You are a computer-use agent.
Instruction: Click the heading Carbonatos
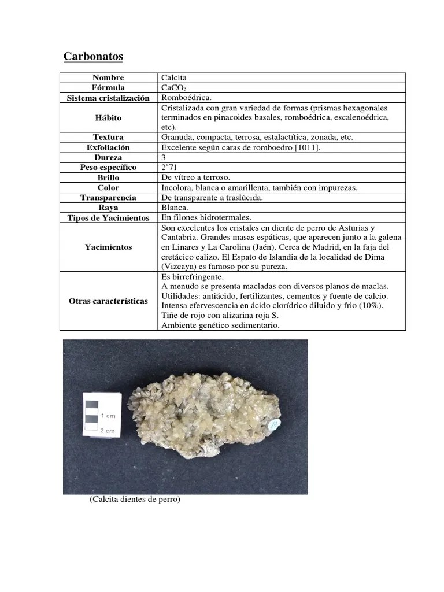coord(92,57)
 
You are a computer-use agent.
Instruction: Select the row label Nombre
coord(108,77)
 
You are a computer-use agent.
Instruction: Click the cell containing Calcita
coord(174,77)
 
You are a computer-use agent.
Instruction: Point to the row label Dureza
coord(108,157)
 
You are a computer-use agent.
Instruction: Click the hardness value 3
coord(164,157)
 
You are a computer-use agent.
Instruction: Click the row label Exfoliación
coord(108,147)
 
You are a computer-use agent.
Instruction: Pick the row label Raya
coord(108,207)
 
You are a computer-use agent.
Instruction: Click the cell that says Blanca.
coord(175,207)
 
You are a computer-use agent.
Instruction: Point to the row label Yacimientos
coord(108,247)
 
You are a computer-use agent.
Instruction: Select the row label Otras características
coord(108,302)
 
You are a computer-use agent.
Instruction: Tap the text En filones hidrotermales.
coord(206,217)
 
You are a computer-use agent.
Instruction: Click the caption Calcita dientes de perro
coord(135,499)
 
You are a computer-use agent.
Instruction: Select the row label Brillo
coord(108,177)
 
